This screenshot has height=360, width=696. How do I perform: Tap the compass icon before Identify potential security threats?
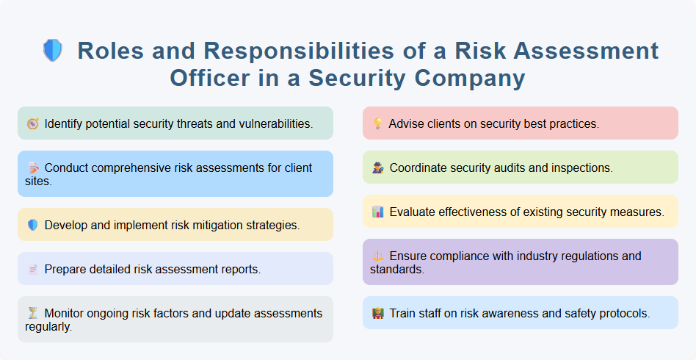(x=32, y=123)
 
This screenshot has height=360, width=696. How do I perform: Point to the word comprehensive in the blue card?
(x=145, y=168)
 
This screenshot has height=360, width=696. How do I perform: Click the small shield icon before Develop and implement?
(x=32, y=225)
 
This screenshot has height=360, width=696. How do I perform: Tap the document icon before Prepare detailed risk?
(x=32, y=269)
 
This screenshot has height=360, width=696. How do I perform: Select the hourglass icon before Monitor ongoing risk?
(x=32, y=314)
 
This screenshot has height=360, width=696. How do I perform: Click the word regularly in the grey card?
(x=48, y=326)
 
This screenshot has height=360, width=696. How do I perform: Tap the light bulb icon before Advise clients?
(x=377, y=123)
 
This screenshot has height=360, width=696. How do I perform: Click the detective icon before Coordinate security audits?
(x=377, y=168)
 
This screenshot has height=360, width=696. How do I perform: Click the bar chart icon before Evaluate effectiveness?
(x=377, y=212)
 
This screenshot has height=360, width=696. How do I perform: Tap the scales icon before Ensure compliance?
(x=377, y=256)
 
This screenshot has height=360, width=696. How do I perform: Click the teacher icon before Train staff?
(x=377, y=313)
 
